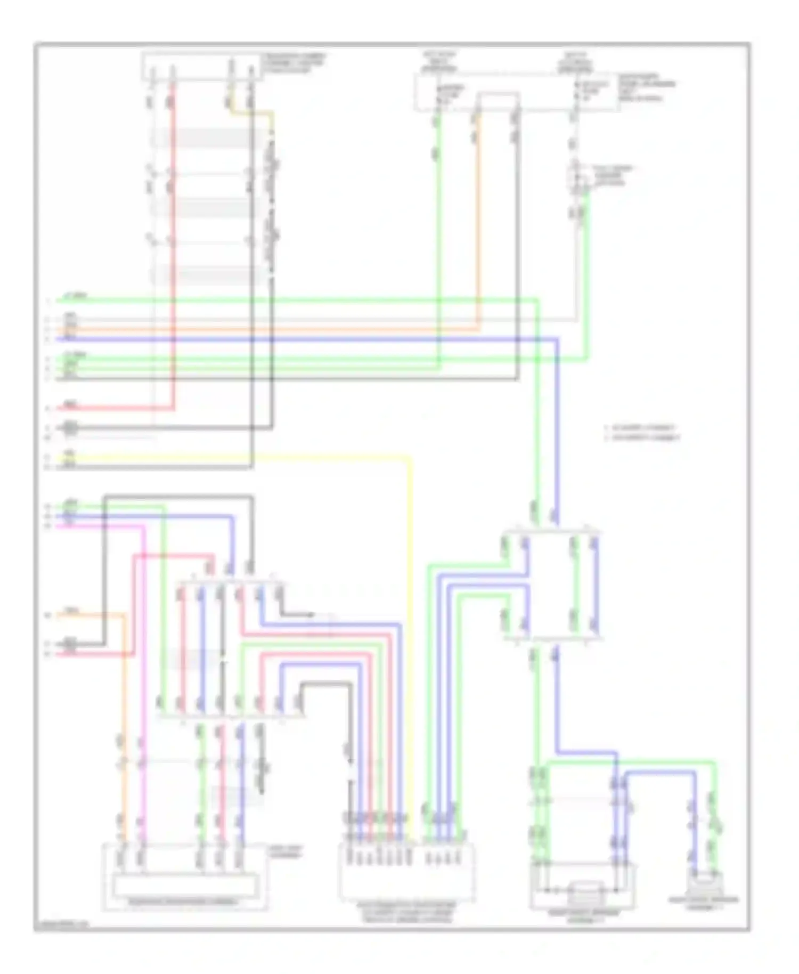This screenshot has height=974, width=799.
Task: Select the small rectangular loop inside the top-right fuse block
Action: pos(498,101)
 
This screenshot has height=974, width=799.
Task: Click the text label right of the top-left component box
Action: pos(295,62)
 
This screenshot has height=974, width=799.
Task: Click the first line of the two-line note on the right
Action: pos(642,427)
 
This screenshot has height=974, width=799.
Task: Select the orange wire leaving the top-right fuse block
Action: pos(477,213)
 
